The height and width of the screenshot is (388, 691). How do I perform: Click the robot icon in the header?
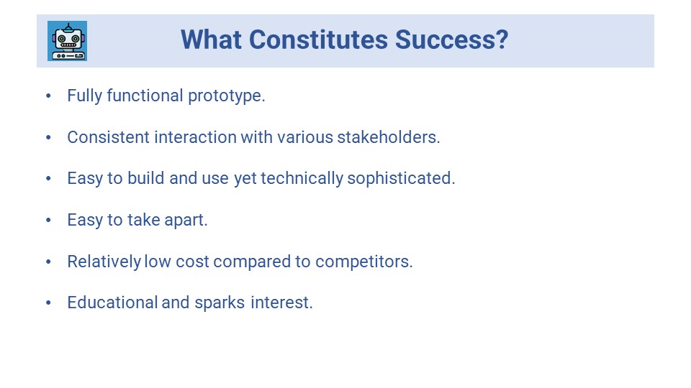(68, 41)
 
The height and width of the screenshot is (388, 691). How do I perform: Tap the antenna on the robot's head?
(68, 27)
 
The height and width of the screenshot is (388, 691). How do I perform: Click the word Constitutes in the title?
(318, 40)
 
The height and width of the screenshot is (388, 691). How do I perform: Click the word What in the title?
(211, 40)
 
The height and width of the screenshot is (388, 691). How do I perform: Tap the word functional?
(145, 96)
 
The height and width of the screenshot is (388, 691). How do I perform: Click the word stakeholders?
(389, 137)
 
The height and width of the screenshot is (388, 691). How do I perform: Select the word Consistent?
(109, 137)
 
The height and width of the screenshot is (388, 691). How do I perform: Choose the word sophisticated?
(401, 179)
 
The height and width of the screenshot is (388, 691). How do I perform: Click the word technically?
(302, 179)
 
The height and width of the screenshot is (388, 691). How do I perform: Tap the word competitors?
(364, 262)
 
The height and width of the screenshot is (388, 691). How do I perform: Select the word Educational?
(112, 302)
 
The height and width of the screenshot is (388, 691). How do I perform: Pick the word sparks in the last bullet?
(220, 303)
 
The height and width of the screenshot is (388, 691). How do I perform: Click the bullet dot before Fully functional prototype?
(48, 96)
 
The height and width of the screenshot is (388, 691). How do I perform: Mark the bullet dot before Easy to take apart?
(48, 220)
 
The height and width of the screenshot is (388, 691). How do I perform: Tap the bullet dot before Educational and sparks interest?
(48, 302)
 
